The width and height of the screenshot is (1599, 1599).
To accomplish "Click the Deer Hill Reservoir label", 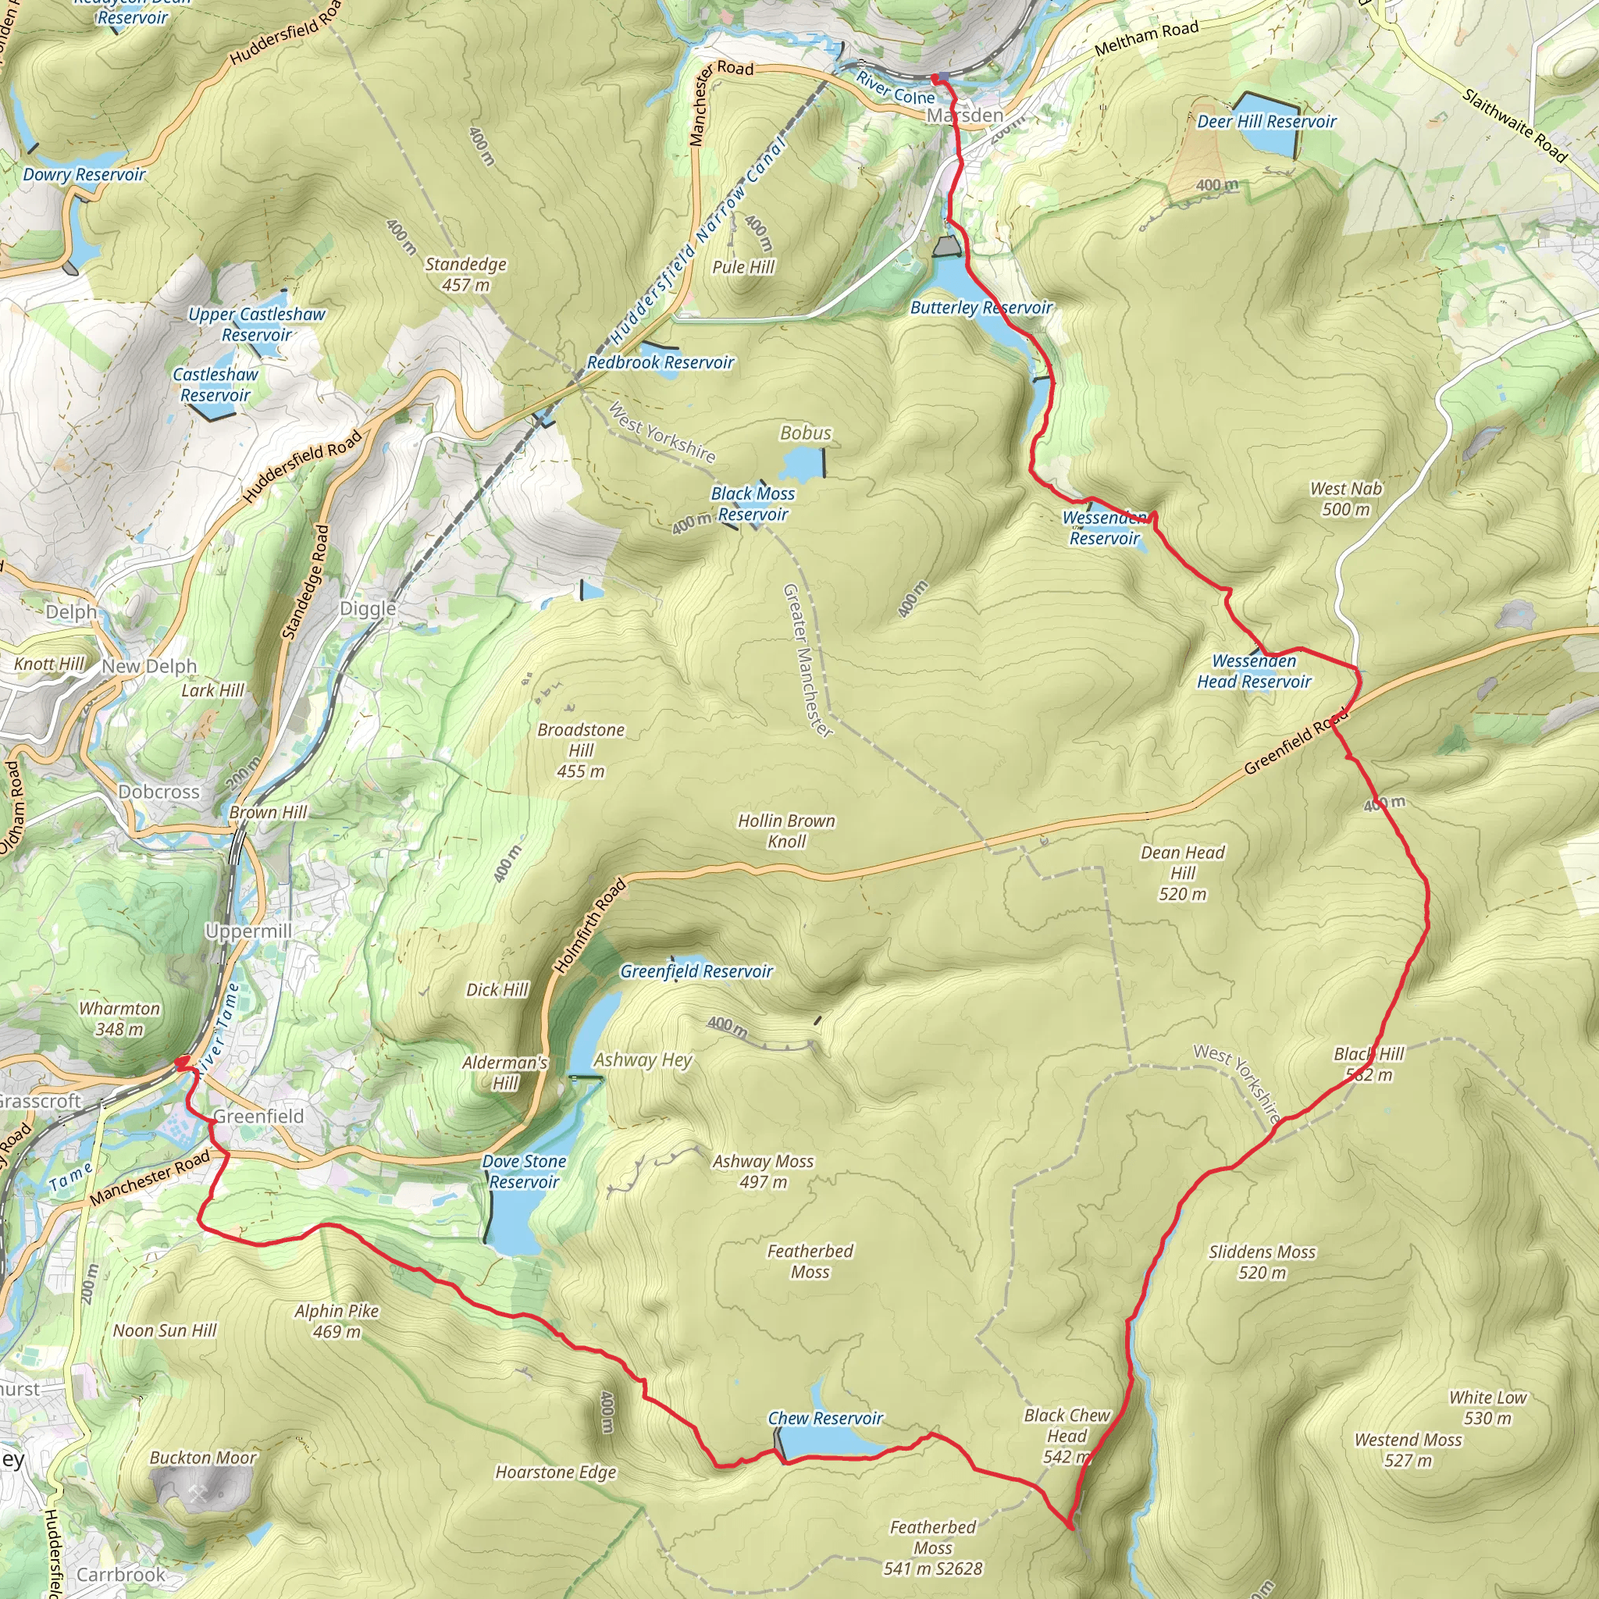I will click(x=1266, y=122).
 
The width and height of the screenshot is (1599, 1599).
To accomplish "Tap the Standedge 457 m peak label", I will click(x=465, y=274).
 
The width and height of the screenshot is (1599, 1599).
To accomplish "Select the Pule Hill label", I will click(x=743, y=266).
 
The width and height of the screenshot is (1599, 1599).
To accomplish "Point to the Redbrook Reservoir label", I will click(x=661, y=362).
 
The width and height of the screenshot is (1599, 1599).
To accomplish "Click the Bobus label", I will click(x=805, y=433).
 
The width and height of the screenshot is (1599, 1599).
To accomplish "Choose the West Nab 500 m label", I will click(x=1346, y=499).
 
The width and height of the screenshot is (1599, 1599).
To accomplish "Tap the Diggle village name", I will click(x=368, y=609).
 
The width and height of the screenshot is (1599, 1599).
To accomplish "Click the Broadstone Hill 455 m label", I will click(x=580, y=750).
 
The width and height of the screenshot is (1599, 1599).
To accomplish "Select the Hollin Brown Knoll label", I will click(x=786, y=831).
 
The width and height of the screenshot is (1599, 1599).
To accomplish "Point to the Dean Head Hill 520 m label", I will click(x=1182, y=873).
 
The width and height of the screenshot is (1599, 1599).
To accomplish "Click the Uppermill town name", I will click(x=248, y=931).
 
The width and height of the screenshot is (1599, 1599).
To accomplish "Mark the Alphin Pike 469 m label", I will click(x=336, y=1321).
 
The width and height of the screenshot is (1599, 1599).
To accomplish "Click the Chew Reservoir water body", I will click(x=828, y=1443).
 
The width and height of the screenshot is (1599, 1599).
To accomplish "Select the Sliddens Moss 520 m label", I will click(x=1262, y=1262).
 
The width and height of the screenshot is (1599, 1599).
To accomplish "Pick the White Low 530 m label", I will click(x=1487, y=1408).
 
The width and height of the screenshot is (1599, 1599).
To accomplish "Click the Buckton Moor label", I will click(x=203, y=1458).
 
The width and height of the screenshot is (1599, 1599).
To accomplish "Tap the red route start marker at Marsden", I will click(x=935, y=79).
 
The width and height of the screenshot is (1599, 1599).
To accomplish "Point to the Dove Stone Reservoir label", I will click(x=524, y=1171).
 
